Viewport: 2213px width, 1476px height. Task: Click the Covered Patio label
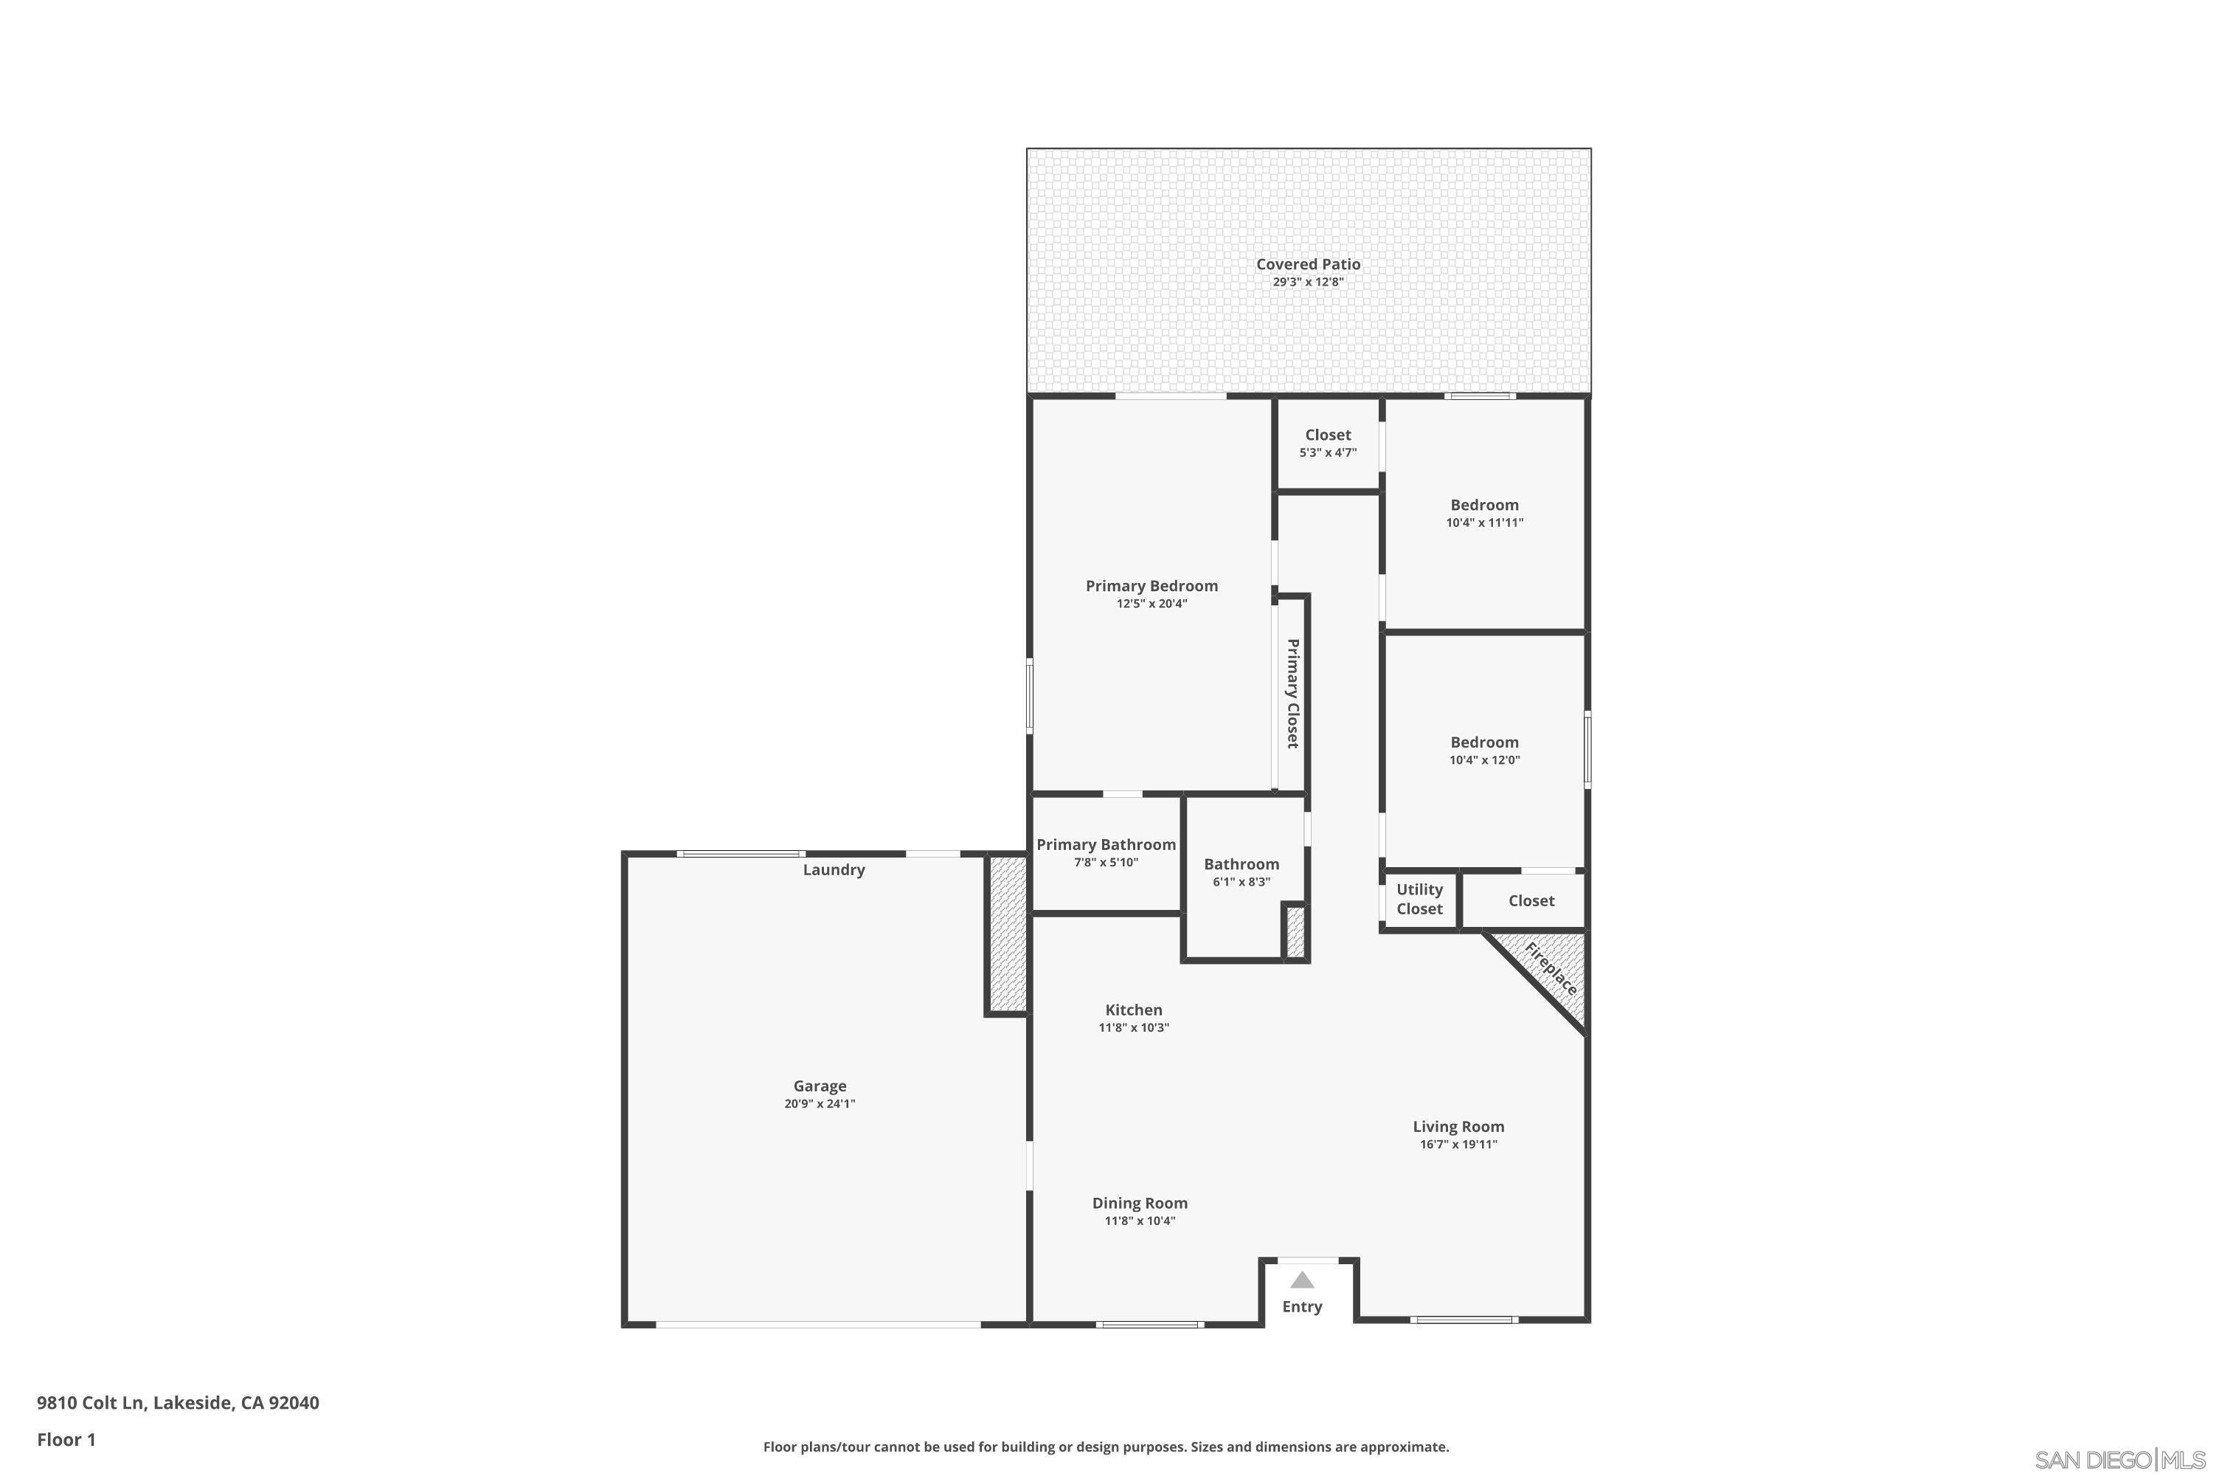1308,264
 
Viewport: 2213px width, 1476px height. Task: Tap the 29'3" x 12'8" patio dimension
1308,281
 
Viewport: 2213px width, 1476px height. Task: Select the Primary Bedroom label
1151,585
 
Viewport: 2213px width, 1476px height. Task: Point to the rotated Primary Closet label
1293,694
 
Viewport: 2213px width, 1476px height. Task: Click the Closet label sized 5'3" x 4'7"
1328,435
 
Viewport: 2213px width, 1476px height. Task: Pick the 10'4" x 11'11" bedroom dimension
1483,523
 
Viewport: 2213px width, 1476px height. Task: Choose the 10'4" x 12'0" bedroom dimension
1483,759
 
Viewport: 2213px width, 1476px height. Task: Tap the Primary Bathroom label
1106,844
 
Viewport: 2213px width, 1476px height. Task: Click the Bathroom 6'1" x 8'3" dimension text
1241,882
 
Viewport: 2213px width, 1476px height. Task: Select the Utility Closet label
1419,899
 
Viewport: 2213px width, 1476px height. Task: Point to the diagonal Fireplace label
1550,968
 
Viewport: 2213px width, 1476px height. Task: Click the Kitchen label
1133,1010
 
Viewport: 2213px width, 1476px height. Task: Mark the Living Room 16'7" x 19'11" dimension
1458,1145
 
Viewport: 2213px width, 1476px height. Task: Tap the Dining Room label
1140,1203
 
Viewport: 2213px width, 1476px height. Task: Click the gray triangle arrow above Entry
1302,1280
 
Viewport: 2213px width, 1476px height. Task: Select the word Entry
1302,1306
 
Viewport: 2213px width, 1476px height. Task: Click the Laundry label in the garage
834,870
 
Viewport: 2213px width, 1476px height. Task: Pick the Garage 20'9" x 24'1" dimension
820,1103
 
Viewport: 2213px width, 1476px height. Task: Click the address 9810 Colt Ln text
178,1403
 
